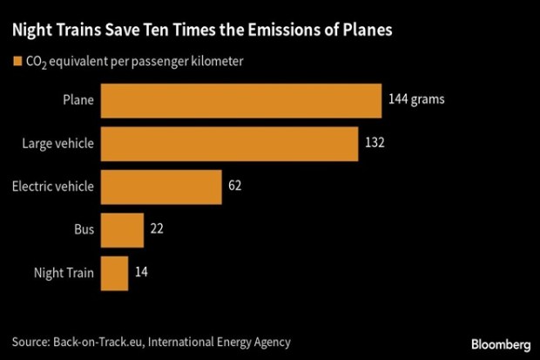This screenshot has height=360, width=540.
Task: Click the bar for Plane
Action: point(242,100)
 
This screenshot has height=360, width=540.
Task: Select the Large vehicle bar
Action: point(230,143)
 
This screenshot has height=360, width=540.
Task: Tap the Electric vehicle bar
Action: point(162,186)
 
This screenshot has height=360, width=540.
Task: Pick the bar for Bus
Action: point(123,229)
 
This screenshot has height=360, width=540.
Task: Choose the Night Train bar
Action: point(115,272)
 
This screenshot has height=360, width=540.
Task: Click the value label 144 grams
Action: point(416,100)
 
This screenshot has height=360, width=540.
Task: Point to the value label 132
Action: point(375,143)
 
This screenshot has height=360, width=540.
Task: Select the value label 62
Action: point(236,186)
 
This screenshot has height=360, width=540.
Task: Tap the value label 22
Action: point(156,229)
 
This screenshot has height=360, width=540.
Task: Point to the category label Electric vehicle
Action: point(54,186)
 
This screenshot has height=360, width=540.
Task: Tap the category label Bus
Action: point(85,229)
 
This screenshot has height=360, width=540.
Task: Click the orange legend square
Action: point(17,62)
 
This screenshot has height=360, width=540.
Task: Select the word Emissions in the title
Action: point(259,31)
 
